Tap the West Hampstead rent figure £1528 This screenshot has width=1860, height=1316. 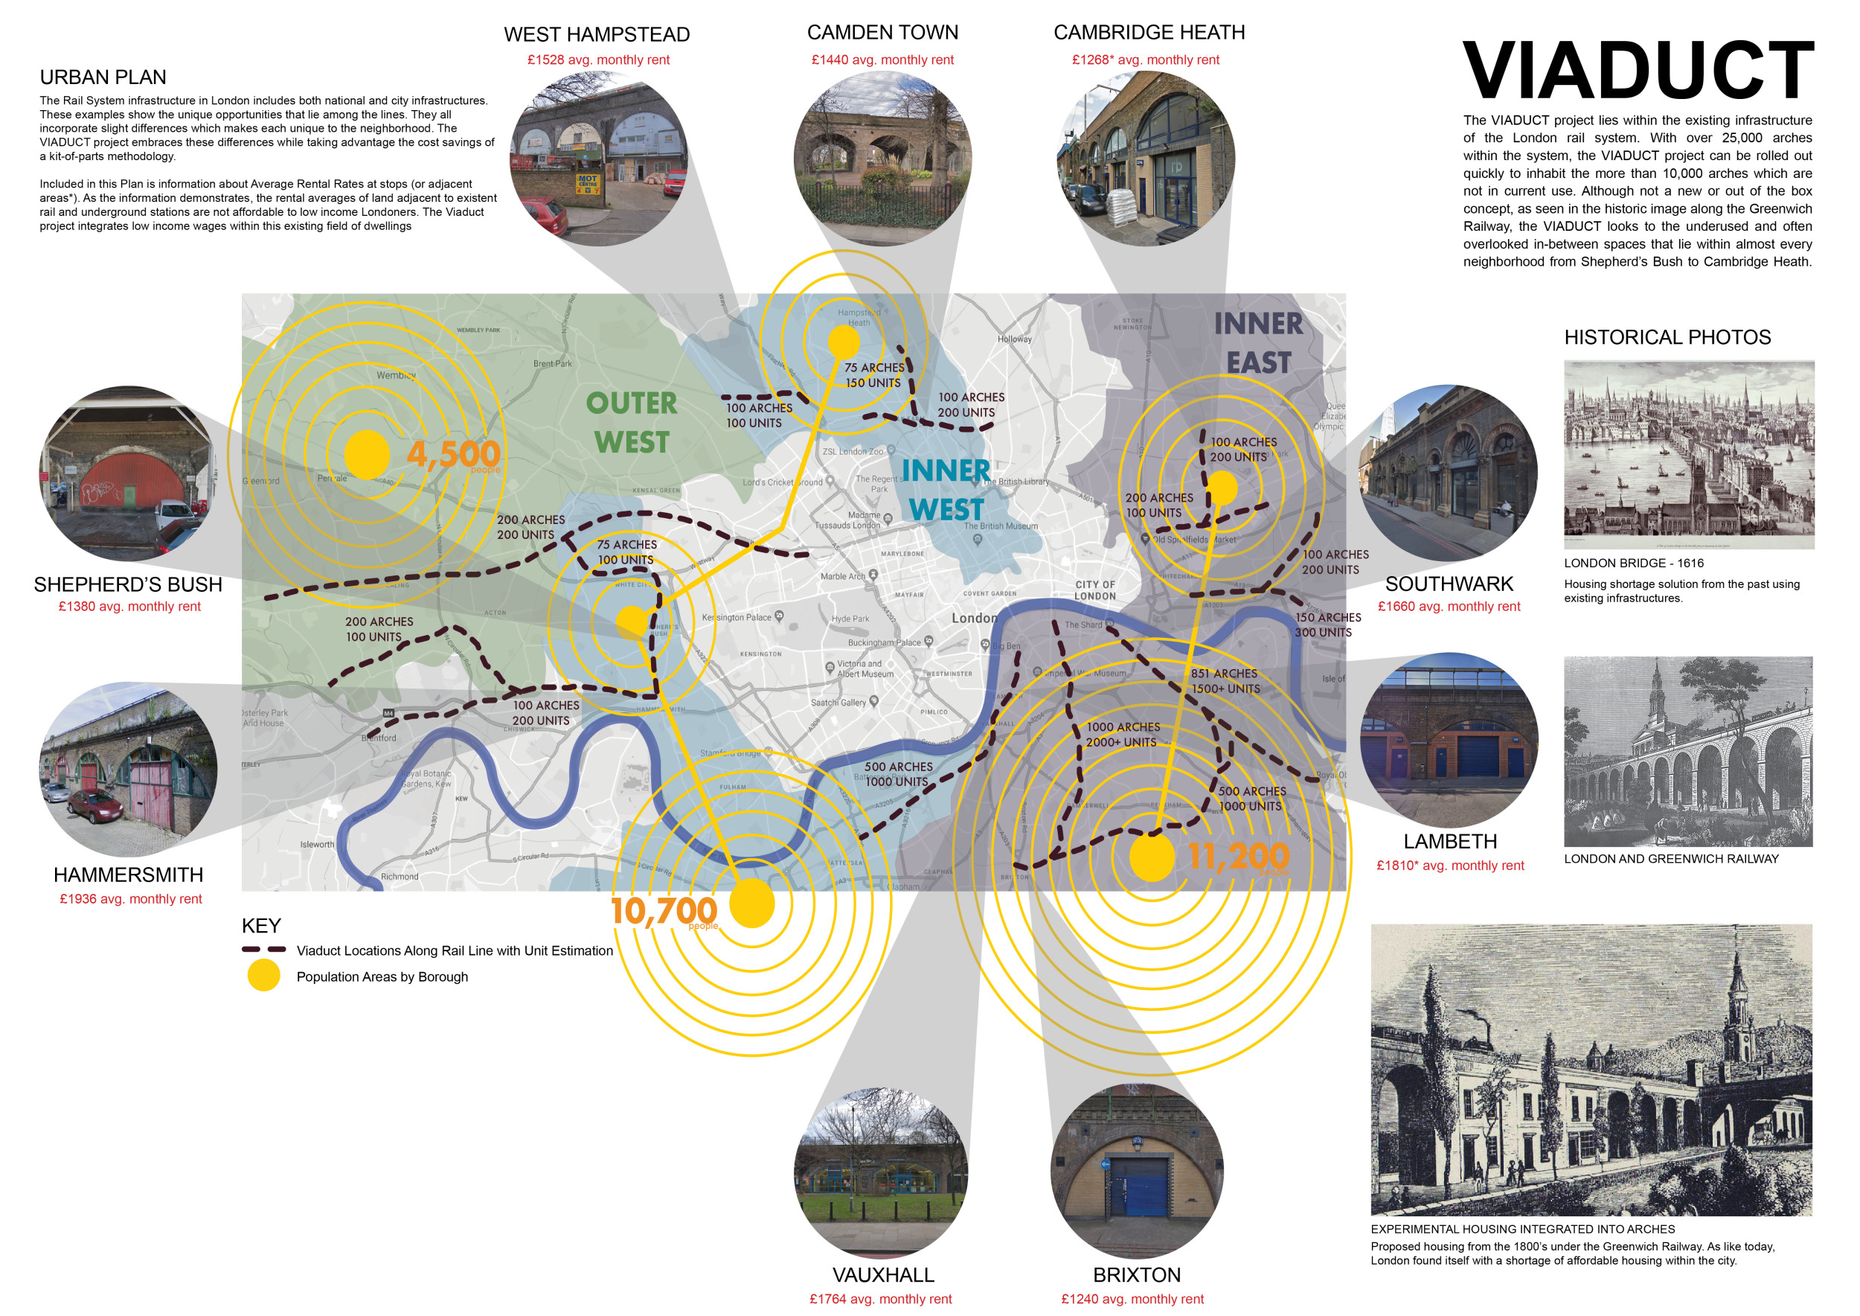tap(598, 60)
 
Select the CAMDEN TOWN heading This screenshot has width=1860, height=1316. tap(882, 33)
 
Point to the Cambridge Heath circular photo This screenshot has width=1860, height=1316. tap(1146, 158)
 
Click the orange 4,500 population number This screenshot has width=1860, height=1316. tap(453, 455)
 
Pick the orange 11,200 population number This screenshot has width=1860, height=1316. tap(1238, 856)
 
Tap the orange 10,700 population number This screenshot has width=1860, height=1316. tap(664, 911)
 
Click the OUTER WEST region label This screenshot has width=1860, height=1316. tap(632, 422)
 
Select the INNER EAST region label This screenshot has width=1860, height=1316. tap(1258, 343)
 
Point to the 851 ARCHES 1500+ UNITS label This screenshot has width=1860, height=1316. tap(1225, 680)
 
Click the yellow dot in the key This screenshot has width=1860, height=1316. tap(263, 975)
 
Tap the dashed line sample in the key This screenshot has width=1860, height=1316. tap(263, 950)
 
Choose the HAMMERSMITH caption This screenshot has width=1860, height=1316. tap(128, 875)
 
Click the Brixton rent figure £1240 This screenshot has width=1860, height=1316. tap(1132, 1299)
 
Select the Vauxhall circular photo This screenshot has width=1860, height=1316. tap(881, 1171)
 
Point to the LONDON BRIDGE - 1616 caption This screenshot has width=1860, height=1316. tap(1633, 563)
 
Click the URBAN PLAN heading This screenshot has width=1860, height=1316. tap(103, 77)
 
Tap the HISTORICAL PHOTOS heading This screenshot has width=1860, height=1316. tap(1667, 337)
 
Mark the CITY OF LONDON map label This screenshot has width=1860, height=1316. tap(1095, 590)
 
